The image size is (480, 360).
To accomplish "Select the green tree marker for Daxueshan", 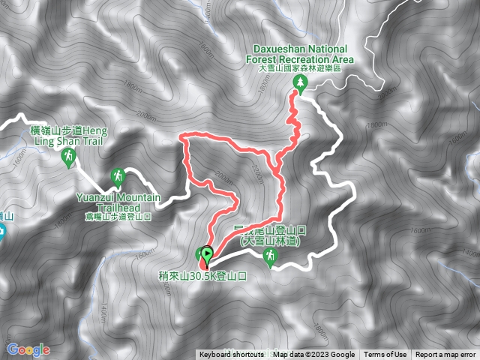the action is point(299,83).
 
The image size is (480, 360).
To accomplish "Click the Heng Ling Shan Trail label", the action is point(69,136).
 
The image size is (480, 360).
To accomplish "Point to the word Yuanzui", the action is point(95,197).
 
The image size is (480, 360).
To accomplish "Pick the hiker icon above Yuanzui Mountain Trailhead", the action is point(117,177).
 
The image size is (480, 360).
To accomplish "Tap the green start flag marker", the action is point(207,254).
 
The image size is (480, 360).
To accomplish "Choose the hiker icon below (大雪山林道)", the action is point(270,257).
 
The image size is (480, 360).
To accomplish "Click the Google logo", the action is point(28,349).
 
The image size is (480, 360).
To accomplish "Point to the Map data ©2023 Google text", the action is point(314,355).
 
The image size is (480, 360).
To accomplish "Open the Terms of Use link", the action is point(385,355).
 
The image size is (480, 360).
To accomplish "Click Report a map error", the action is point(445,355).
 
